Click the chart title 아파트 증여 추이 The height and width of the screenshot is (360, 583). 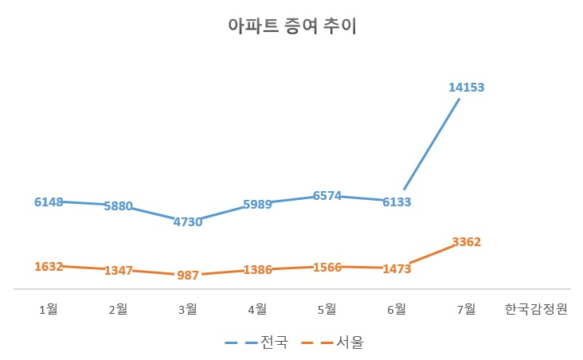pyautogui.click(x=291, y=26)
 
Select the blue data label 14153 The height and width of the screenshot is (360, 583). pyautogui.click(x=466, y=88)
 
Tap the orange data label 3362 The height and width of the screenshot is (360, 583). pyautogui.click(x=466, y=242)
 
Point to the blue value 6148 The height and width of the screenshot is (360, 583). pyautogui.click(x=49, y=202)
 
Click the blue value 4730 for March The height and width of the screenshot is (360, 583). pyautogui.click(x=188, y=222)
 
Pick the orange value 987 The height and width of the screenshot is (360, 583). pyautogui.click(x=188, y=276)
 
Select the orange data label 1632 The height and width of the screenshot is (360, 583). pyautogui.click(x=49, y=267)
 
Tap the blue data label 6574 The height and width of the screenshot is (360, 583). pyautogui.click(x=327, y=196)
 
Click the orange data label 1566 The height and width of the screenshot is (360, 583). pyautogui.click(x=327, y=268)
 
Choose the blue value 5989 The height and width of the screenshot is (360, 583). pyautogui.click(x=258, y=205)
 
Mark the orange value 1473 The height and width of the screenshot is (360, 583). pyautogui.click(x=397, y=268)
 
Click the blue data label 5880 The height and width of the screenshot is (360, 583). pyautogui.click(x=118, y=206)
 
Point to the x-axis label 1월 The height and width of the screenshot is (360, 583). pyautogui.click(x=49, y=309)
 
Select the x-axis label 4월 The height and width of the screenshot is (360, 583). pyautogui.click(x=258, y=309)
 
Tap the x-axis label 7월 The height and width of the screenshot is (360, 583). pyautogui.click(x=466, y=309)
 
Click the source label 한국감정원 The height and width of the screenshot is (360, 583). pyautogui.click(x=536, y=309)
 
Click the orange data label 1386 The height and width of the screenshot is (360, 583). pyautogui.click(x=258, y=270)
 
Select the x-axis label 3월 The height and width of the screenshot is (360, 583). pyautogui.click(x=188, y=309)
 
